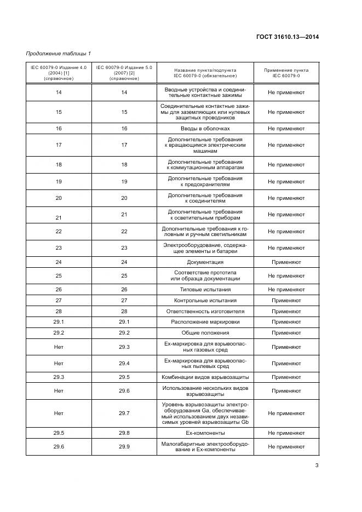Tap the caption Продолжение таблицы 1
pyautogui.click(x=59, y=53)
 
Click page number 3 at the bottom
pyautogui.click(x=317, y=466)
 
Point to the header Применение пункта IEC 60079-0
pyautogui.click(x=286, y=73)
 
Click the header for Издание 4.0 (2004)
pyautogui.click(x=59, y=73)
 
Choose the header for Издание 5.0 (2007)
pyautogui.click(x=124, y=73)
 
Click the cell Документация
pyautogui.click(x=205, y=262)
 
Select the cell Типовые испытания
pyautogui.click(x=205, y=289)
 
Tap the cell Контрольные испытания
pyautogui.click(x=205, y=301)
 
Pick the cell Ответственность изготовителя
pyautogui.click(x=205, y=311)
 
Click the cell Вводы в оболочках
pyautogui.click(x=205, y=128)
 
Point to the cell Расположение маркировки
pyautogui.click(x=205, y=322)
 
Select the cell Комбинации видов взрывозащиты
pyautogui.click(x=205, y=377)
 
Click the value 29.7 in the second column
pyautogui.click(x=124, y=413)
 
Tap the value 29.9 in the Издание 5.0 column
pyautogui.click(x=124, y=447)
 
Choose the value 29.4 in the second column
pyautogui.click(x=124, y=363)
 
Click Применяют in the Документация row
pyautogui.click(x=286, y=262)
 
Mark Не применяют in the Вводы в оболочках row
pyautogui.click(x=286, y=128)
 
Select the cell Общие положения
pyautogui.click(x=205, y=332)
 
